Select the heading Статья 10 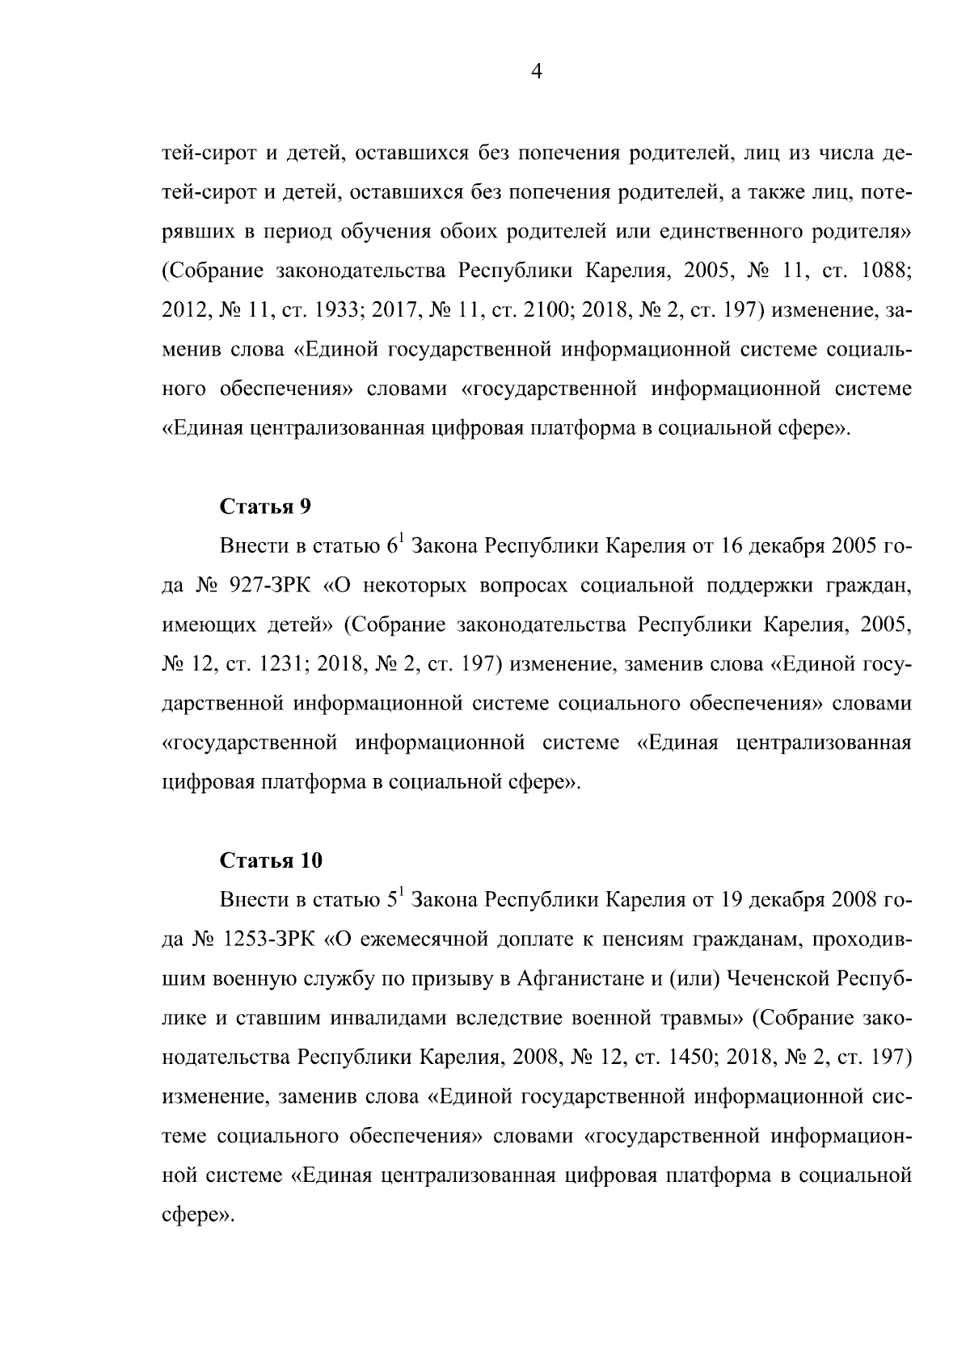tap(271, 860)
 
